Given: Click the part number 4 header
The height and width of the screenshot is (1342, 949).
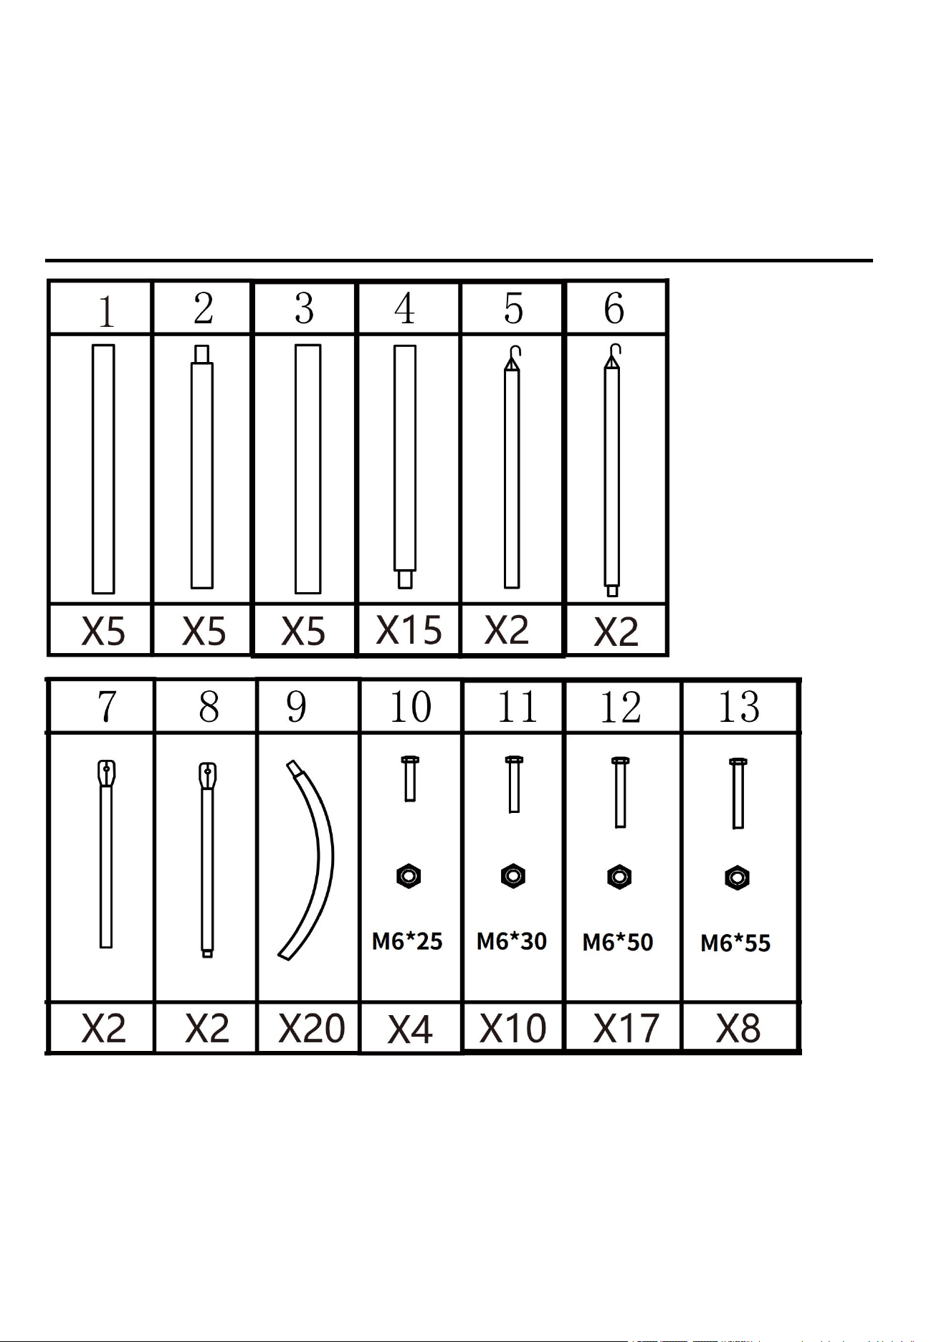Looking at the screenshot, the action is click(405, 308).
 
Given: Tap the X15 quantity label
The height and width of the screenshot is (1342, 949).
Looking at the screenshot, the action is click(409, 630).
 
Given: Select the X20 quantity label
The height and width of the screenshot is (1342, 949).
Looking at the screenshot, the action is click(312, 1029).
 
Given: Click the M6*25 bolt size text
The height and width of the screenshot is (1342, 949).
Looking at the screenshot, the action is click(407, 941).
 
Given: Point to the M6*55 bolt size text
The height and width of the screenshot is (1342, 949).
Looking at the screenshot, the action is click(735, 943).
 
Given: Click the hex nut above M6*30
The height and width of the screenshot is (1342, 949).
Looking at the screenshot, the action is click(513, 876).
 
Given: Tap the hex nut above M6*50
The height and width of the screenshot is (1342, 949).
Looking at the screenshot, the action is click(619, 877).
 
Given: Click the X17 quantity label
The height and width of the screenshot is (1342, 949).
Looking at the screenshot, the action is click(626, 1029).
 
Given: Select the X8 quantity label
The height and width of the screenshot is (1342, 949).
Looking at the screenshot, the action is click(738, 1029).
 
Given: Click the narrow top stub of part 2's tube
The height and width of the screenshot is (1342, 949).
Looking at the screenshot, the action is click(202, 355).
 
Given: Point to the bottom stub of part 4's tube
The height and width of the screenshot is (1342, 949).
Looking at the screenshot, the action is click(405, 579).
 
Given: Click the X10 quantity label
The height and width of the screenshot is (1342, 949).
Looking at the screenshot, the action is click(512, 1028).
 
